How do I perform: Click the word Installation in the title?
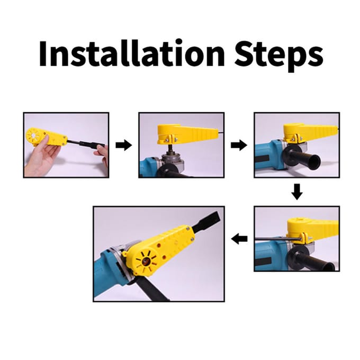pos(132,53)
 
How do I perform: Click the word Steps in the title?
pos(279,56)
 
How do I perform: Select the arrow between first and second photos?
pos(124,145)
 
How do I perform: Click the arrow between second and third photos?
pos(239,145)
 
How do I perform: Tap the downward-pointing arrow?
pos(297,192)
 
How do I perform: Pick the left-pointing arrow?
pos(239,239)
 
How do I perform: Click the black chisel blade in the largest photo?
pos(205,221)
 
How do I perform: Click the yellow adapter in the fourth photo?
pos(312,230)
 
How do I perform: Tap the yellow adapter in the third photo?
pos(310,133)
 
